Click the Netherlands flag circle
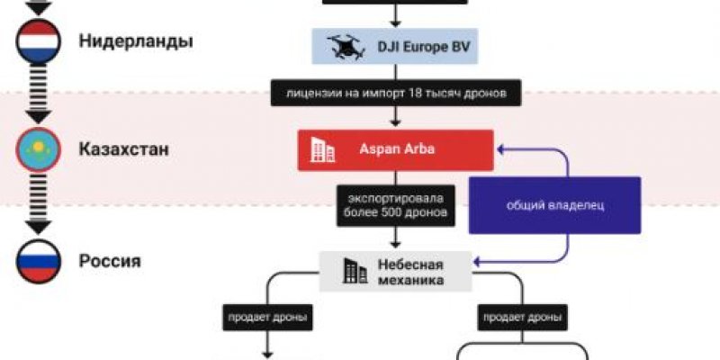38,41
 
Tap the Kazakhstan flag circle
38,149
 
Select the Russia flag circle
38,261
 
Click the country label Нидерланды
136,41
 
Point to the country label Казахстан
124,149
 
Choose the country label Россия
110,261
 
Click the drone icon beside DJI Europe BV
346,47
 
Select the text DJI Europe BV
424,47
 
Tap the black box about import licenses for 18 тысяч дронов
396,94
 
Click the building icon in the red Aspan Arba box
322,150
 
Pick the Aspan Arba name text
397,149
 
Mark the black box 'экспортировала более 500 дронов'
396,206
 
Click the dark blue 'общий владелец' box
554,205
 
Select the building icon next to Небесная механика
355,271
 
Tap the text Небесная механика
410,273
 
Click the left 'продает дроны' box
267,318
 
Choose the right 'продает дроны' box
522,318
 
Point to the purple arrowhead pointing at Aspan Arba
501,149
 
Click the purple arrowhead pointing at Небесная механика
478,262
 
